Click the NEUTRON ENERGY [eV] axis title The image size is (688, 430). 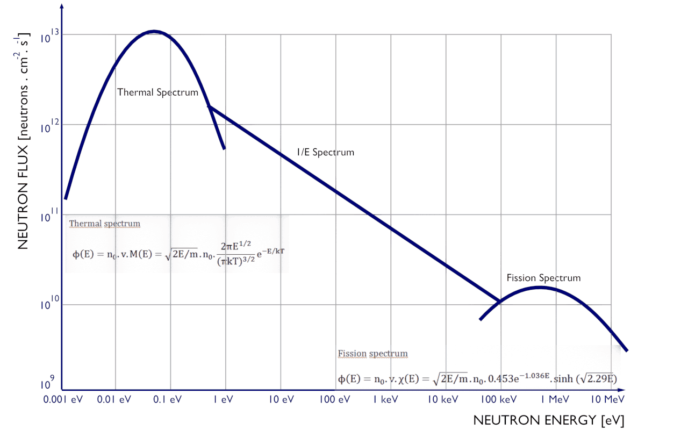(x=549, y=420)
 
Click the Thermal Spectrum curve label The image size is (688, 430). (x=157, y=92)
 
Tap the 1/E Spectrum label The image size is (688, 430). (x=325, y=152)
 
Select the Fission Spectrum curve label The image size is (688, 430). (x=543, y=278)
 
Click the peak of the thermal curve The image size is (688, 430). (x=154, y=31)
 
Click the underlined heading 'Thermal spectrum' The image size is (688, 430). (x=104, y=224)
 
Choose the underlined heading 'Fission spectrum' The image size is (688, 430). (x=372, y=354)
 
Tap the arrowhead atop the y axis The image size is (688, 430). (x=62, y=8)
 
